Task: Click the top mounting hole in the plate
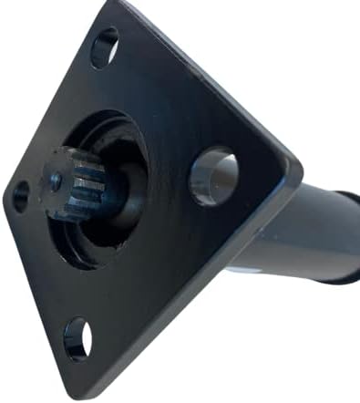pos(105,48)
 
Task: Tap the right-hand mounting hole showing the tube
pos(213,175)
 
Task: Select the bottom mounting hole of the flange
pos(77,337)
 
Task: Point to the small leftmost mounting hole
pos(20,195)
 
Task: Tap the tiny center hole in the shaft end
pos(57,181)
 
